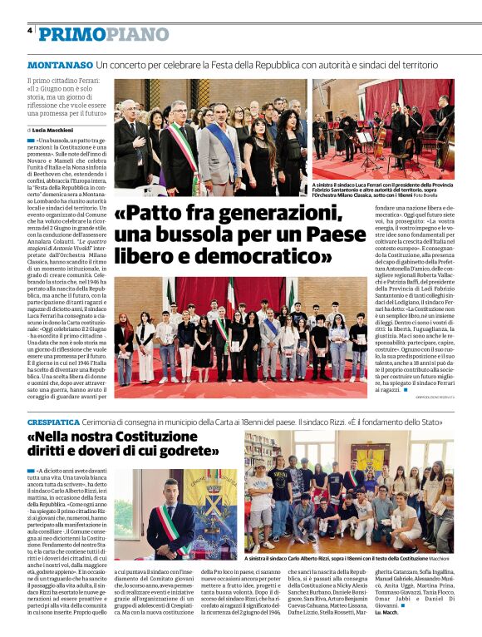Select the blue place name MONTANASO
point(60,65)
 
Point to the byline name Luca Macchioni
point(54,131)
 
